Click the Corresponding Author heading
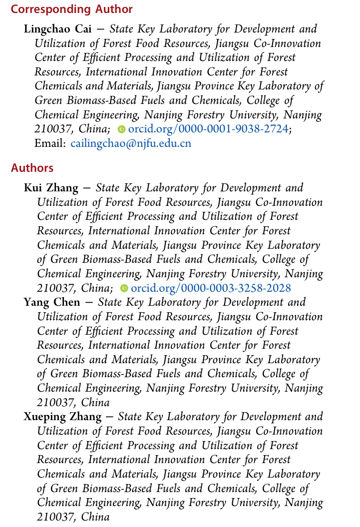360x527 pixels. pos(72,9)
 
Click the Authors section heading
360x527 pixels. pos(32,168)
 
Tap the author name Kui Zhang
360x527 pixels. pos(51,188)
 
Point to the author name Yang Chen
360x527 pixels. pos(52,303)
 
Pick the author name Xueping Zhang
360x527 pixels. pos(62,417)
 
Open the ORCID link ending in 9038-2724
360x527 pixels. pos(208,129)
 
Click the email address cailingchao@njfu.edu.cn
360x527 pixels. pos(131,144)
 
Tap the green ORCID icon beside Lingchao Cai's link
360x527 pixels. pos(121,129)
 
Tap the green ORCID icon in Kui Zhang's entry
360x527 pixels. pos(124,289)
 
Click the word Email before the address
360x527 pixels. pos(50,144)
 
